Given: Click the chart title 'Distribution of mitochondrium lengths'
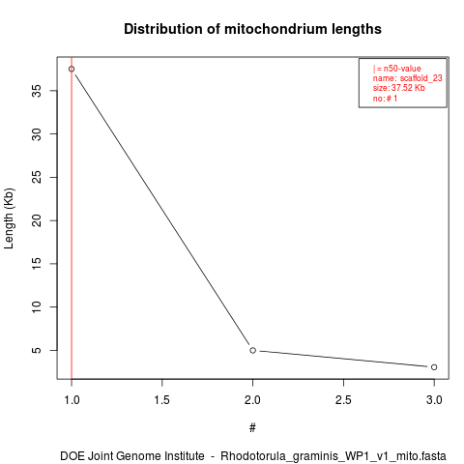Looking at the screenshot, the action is pyautogui.click(x=252, y=29).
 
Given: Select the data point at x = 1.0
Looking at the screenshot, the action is pyautogui.click(x=72, y=69).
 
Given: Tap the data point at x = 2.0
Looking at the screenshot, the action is pyautogui.click(x=253, y=350).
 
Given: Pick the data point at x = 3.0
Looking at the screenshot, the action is pyautogui.click(x=434, y=367).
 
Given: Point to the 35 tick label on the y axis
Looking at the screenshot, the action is pyautogui.click(x=37, y=91).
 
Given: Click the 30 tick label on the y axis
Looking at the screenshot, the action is pyautogui.click(x=37, y=134).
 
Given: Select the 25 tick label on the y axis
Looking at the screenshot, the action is pyautogui.click(x=37, y=177).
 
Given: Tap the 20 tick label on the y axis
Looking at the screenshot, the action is pyautogui.click(x=37, y=220).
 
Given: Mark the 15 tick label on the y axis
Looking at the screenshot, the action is pyautogui.click(x=37, y=264).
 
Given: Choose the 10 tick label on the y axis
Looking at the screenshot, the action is pyautogui.click(x=37, y=306).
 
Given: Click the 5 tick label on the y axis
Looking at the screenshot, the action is pyautogui.click(x=37, y=350).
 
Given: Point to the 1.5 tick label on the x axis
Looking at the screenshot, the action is pyautogui.click(x=162, y=400).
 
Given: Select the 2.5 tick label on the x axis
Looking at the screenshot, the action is pyautogui.click(x=343, y=400).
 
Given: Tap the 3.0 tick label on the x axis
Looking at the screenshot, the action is pyautogui.click(x=434, y=400).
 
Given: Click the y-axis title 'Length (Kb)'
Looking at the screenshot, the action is pyautogui.click(x=9, y=218).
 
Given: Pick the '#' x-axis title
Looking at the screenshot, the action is pyautogui.click(x=252, y=428).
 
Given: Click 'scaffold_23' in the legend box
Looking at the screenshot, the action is pyautogui.click(x=420, y=78).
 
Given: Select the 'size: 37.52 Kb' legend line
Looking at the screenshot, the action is pyautogui.click(x=399, y=88).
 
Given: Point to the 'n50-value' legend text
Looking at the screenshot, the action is pyautogui.click(x=402, y=69).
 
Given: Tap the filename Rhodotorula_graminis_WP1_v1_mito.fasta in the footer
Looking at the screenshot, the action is pyautogui.click(x=333, y=456).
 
